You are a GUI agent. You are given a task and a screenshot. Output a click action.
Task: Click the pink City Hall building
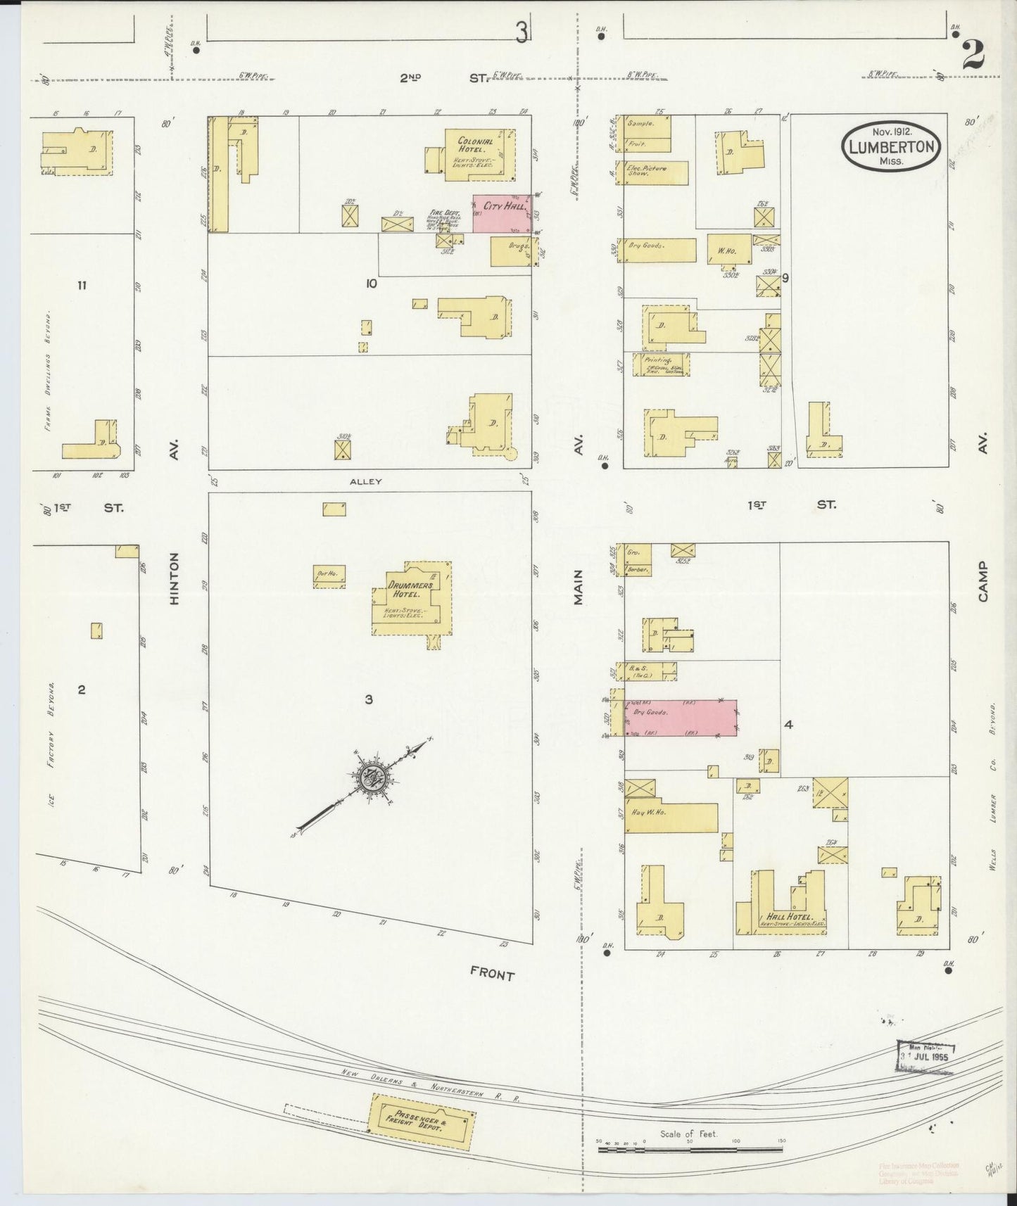pos(501,213)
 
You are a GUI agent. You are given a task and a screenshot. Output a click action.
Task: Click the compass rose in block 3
pos(371,777)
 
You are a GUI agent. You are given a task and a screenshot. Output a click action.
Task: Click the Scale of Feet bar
pos(690,1150)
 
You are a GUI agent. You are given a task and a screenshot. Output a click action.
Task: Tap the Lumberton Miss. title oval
pos(892,147)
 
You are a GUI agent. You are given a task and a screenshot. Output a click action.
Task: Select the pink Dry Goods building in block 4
pos(680,718)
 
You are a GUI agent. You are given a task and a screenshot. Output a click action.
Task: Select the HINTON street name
pos(175,578)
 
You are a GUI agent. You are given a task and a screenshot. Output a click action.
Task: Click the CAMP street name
pos(982,581)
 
